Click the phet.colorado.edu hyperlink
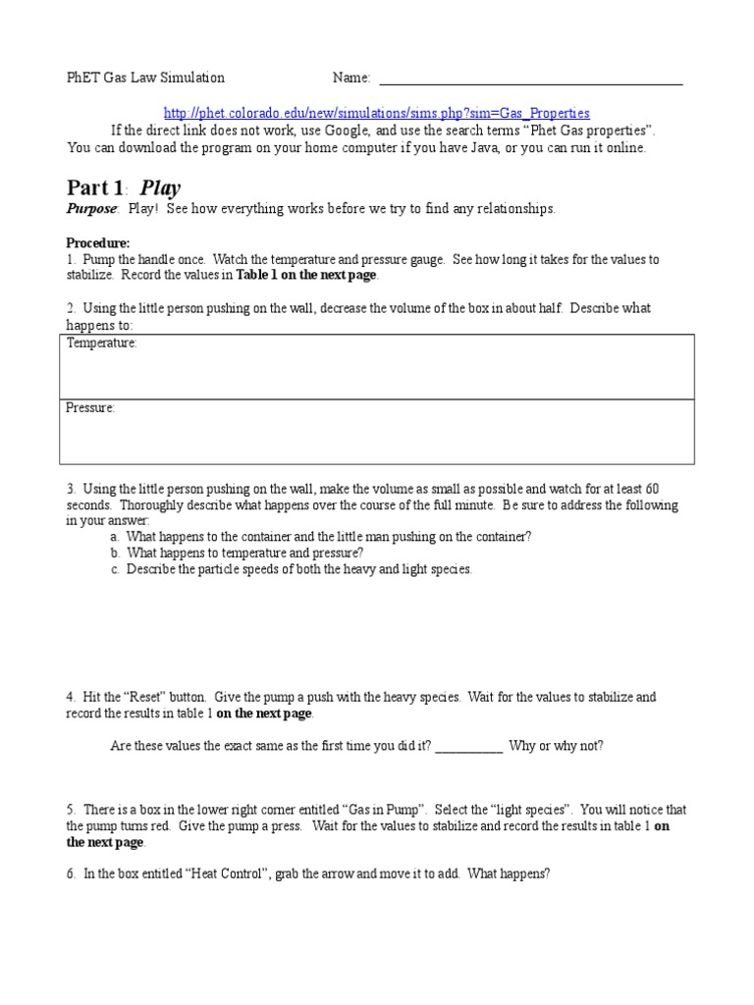(377, 113)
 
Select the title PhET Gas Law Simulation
(145, 78)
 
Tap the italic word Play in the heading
(161, 187)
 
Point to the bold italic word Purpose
(91, 209)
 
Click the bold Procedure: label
(97, 242)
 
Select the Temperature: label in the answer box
(101, 344)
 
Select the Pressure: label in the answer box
(90, 407)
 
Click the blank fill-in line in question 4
(468, 746)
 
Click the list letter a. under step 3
(116, 537)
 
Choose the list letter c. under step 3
(116, 569)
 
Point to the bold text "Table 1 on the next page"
(306, 276)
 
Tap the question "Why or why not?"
(557, 746)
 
